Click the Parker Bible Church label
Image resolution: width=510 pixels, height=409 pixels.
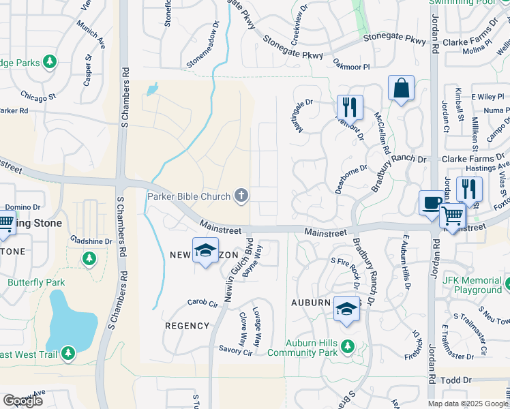pos(190,197)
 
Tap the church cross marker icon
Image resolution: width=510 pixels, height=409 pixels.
pos(241,196)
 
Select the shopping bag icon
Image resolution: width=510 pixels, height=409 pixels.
pos(401,89)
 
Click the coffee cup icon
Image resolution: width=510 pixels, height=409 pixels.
pos(432,202)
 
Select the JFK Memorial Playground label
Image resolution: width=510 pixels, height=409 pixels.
pos(472,285)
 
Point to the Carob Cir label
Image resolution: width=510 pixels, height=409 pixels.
pos(203,302)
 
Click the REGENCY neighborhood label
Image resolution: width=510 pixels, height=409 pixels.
pos(187,326)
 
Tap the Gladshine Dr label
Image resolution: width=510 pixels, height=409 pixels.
pos(91,241)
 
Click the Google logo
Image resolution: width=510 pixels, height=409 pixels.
pos(22,401)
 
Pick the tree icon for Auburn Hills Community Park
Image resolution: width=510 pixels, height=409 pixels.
pos(347,344)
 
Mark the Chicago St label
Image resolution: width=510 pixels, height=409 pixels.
pos(38,96)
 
